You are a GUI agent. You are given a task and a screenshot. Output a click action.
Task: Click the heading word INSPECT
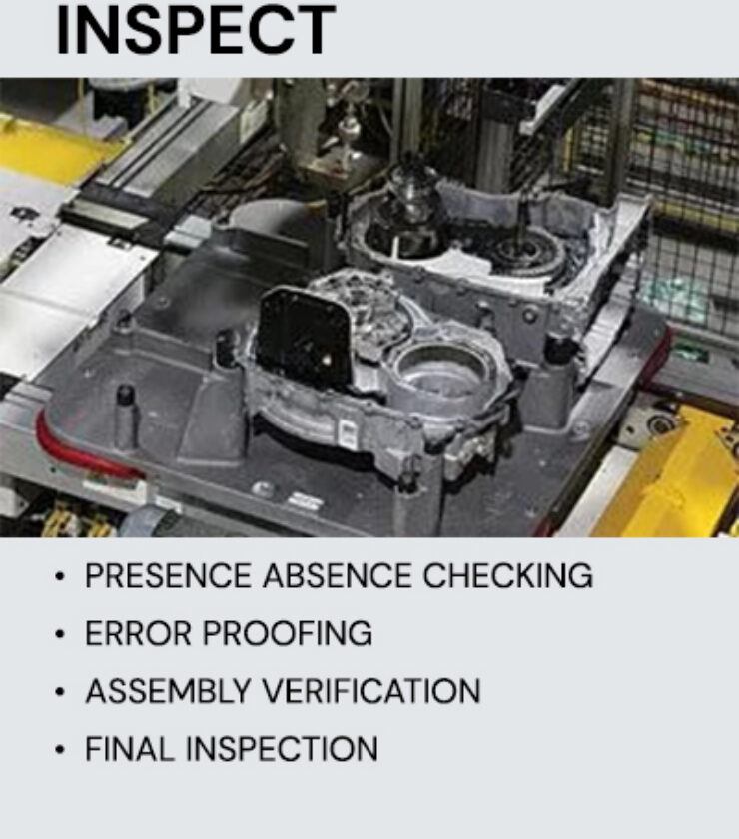(x=196, y=29)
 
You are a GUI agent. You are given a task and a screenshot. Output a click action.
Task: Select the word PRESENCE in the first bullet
(x=168, y=576)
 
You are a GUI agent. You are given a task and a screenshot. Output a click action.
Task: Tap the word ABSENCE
(x=338, y=576)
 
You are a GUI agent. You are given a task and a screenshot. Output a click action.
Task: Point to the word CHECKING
(x=508, y=576)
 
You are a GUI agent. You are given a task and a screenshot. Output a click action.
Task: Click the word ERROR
(x=138, y=634)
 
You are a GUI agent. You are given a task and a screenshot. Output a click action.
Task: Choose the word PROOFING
(x=288, y=634)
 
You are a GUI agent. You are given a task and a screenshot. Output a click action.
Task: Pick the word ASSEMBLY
(x=168, y=691)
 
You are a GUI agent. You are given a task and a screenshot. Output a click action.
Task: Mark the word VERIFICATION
(x=371, y=691)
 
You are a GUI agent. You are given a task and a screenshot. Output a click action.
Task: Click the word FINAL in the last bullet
(x=130, y=748)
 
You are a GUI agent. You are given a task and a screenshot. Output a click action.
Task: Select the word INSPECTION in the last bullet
(x=282, y=748)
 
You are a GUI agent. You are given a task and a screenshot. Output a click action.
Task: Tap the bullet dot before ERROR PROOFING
(x=60, y=634)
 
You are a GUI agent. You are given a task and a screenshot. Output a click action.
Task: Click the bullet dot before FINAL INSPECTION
(x=60, y=750)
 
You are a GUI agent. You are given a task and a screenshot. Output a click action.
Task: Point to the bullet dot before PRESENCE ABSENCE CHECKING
(x=60, y=577)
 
